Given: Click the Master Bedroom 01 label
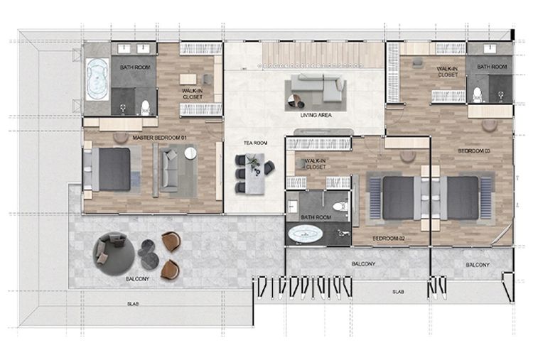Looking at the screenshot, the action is coord(159,138).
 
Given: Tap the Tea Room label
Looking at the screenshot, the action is coord(255,143).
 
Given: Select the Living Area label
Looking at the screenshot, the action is coord(316,116).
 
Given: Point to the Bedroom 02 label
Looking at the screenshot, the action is coord(389,239).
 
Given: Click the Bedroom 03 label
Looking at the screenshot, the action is coord(474,151).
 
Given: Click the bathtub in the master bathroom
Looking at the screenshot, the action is coord(97,79).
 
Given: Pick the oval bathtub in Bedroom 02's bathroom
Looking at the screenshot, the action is coord(306,234).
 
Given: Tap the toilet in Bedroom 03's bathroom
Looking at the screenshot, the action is coord(478,94).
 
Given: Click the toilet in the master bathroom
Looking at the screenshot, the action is coord(146,107).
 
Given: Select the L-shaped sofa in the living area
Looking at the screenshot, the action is coord(317,87).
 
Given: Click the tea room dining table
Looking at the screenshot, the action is coord(254,174).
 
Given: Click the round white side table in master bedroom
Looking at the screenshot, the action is coord(190,153).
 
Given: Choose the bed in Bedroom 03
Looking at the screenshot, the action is coord(460,198).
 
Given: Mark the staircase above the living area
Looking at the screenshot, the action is coord(322,55).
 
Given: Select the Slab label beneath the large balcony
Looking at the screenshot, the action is coord(133,305).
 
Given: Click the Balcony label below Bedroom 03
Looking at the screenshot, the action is coord(478,265).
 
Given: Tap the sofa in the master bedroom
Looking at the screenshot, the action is coord(169,170).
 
